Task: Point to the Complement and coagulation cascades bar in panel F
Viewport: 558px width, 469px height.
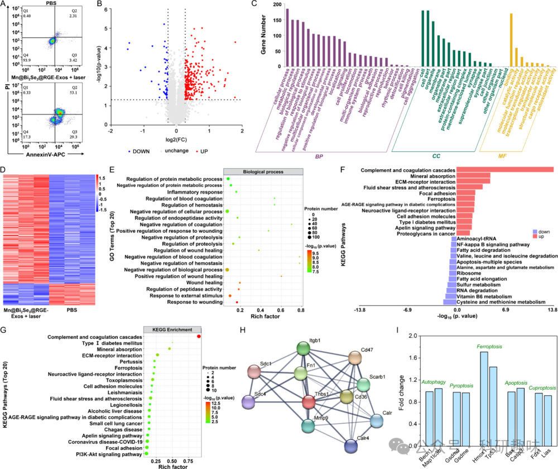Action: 505,170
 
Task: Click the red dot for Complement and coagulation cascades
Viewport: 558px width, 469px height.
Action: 199,337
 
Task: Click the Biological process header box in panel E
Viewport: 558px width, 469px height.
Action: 263,172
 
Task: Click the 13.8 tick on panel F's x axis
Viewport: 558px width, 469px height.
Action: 552,309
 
